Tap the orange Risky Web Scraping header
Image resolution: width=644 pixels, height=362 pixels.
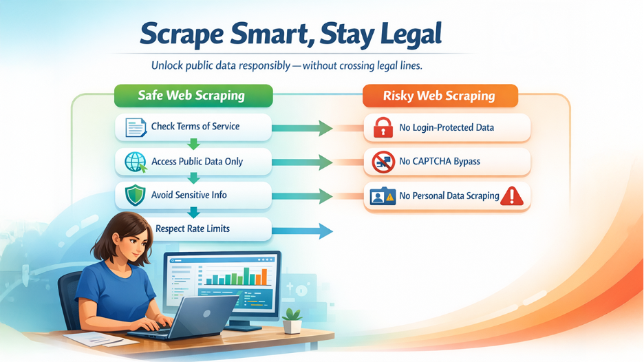tap(439, 96)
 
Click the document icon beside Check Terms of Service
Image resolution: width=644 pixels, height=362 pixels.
tap(136, 127)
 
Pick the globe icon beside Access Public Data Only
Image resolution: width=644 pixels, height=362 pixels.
tap(136, 162)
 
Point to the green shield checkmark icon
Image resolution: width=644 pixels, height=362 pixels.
tap(136, 195)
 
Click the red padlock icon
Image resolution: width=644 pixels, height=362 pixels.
tap(382, 127)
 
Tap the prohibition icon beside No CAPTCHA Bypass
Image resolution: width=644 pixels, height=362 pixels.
tap(383, 162)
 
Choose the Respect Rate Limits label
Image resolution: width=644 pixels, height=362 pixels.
tap(193, 228)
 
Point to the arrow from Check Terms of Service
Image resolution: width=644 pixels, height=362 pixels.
tap(303, 127)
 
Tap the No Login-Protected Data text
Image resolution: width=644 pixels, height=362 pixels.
tap(447, 127)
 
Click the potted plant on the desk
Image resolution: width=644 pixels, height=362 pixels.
tap(293, 320)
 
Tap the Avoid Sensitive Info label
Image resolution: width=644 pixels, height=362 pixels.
tap(189, 195)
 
